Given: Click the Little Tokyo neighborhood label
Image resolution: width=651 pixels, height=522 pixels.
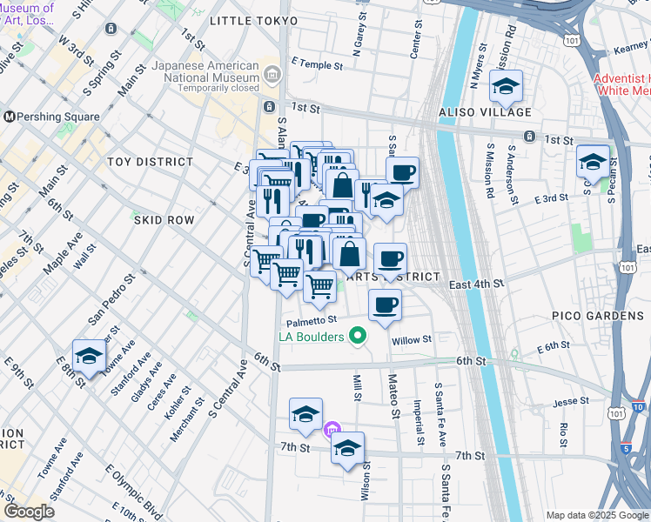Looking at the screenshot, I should click(253, 20).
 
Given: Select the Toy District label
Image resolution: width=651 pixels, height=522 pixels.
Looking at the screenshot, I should click(150, 162).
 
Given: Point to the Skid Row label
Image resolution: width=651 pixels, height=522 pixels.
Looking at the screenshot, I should click(164, 220).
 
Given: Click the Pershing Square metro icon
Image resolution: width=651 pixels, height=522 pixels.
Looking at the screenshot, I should click(10, 116).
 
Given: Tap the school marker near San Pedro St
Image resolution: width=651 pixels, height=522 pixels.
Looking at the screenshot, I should click(88, 356).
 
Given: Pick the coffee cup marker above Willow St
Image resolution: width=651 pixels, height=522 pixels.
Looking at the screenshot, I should click(385, 305).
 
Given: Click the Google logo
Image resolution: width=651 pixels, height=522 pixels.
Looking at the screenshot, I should click(29, 512).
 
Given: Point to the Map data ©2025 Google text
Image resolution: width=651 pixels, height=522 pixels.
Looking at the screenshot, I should click(597, 515).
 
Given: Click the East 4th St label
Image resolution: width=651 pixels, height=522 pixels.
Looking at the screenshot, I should click(477, 284).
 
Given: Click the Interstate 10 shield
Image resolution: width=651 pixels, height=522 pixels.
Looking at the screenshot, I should click(638, 406).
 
